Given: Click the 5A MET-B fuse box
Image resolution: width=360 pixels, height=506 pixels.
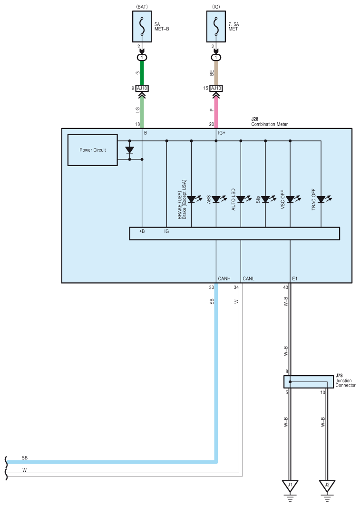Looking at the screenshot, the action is tap(142, 27).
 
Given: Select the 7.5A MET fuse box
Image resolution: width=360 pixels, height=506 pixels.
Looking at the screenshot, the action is tap(216, 27).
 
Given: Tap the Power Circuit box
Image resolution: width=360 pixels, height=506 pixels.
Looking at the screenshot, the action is tap(93, 150).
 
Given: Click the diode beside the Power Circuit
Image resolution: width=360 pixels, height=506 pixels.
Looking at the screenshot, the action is tap(129, 150).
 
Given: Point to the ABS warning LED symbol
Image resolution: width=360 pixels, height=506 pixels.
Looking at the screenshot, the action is tap(216, 199).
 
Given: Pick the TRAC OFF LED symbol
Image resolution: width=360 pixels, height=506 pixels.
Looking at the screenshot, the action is tap(321, 199).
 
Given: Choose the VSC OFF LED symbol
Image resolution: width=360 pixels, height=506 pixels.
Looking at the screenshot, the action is tap(290, 199).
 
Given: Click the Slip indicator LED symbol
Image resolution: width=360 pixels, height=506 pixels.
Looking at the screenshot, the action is tap(265, 199).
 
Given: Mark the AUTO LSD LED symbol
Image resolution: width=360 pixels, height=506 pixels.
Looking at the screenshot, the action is tap(241, 199).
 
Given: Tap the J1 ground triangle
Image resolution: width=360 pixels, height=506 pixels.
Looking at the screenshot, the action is tap(290, 486).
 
